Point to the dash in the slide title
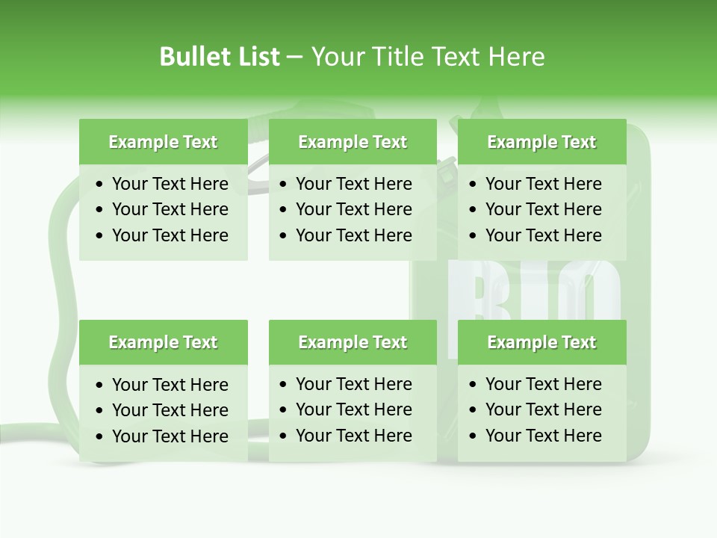[x=295, y=57]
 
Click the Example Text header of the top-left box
[x=163, y=142]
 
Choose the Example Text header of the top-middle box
[x=353, y=142]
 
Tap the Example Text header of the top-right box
[x=541, y=142]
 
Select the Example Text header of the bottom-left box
[x=163, y=342]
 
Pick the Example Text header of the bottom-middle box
[x=353, y=342]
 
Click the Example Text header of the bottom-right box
[x=541, y=342]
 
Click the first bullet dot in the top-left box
[x=100, y=185]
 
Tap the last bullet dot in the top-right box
[x=473, y=236]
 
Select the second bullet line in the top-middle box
[x=353, y=209]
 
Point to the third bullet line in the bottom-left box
[x=170, y=436]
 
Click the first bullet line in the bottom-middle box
[x=353, y=384]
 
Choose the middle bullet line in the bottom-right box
[x=543, y=409]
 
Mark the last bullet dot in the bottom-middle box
[x=284, y=436]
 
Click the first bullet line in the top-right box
[x=543, y=184]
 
